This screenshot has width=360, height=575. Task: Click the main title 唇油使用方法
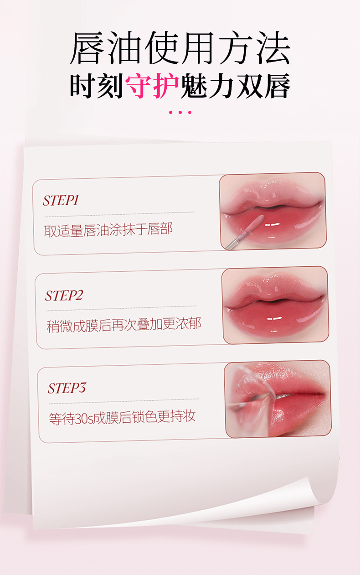180,48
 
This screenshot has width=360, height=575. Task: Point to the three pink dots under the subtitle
180,112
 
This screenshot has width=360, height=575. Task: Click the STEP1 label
61,201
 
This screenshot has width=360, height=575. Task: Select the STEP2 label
64,295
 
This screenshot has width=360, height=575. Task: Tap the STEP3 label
67,388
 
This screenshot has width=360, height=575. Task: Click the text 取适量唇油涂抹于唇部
108,229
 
